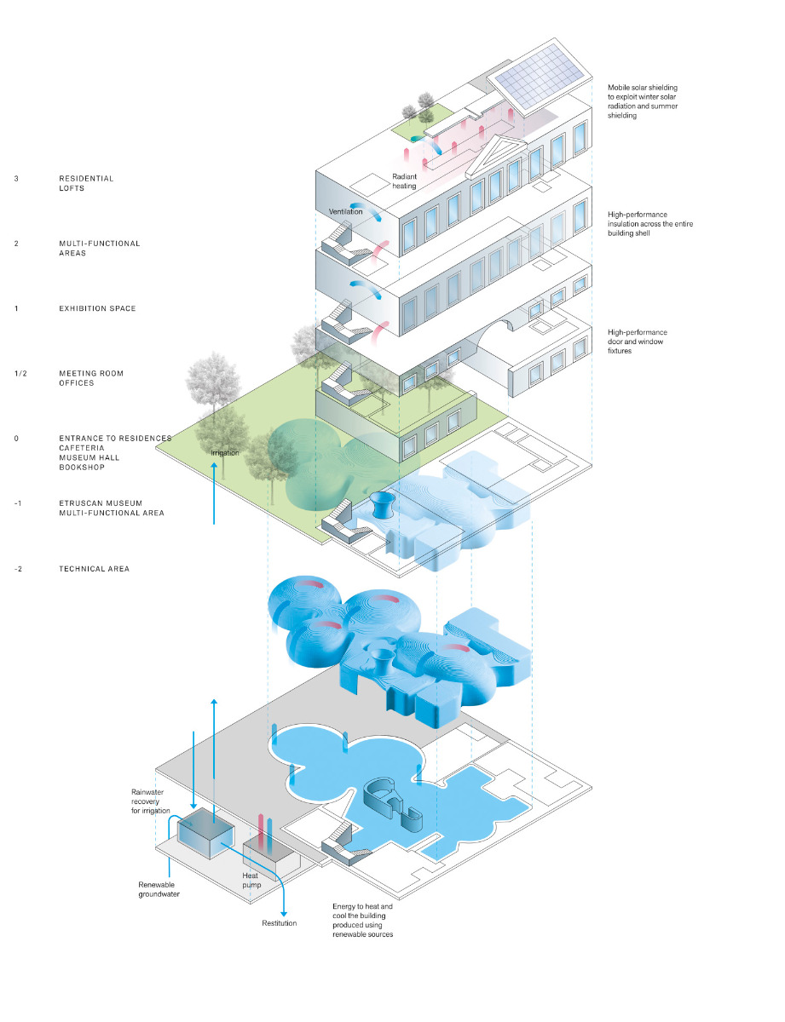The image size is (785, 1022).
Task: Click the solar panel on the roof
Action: (539, 83)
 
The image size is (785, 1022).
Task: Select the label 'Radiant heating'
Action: (404, 181)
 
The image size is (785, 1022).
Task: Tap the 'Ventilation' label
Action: (345, 211)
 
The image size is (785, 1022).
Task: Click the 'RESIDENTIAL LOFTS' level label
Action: (85, 183)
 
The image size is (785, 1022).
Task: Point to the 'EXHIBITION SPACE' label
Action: (96, 308)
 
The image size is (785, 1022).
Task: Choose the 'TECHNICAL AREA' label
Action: (94, 568)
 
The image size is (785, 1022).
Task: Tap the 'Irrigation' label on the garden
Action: (225, 453)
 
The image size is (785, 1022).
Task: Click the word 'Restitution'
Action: (279, 923)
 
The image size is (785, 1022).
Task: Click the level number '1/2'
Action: (18, 373)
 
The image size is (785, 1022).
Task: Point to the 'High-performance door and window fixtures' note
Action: (638, 341)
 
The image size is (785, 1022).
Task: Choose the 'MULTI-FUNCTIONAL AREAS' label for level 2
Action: (99, 248)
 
